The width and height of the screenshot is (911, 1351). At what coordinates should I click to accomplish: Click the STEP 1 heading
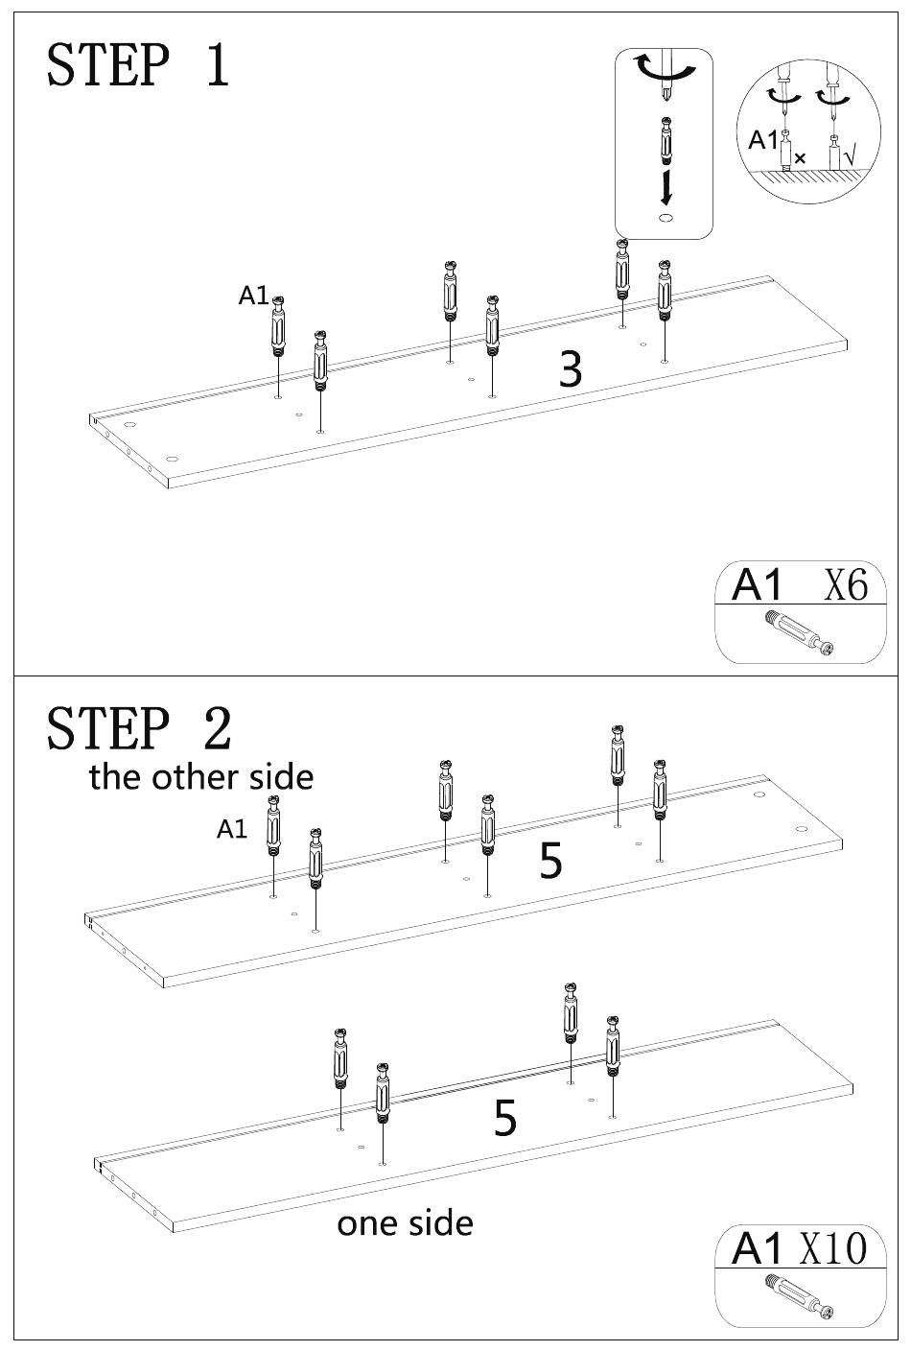(138, 64)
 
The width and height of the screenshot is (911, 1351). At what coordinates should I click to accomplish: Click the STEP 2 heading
(139, 728)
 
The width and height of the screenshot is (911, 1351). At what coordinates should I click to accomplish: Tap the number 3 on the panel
(571, 368)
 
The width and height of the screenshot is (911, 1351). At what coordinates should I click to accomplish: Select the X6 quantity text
(846, 583)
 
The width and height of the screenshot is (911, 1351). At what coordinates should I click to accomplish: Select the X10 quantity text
(833, 1248)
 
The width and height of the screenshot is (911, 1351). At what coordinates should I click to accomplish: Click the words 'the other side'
(201, 777)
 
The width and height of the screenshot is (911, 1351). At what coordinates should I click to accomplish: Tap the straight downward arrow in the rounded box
(666, 187)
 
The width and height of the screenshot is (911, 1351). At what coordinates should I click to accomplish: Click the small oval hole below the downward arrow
(666, 218)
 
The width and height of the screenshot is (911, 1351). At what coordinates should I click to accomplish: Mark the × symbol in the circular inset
(800, 158)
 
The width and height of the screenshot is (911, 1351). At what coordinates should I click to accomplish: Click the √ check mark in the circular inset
(850, 156)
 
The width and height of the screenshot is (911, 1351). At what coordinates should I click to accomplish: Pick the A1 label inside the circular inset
(763, 140)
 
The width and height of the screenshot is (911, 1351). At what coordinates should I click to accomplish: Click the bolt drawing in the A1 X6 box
(799, 632)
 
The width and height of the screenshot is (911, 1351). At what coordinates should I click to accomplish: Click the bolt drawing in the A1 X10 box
(799, 1295)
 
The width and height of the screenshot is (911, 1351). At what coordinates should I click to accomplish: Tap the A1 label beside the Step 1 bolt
(253, 296)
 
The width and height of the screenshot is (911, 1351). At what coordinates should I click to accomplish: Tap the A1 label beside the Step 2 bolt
(232, 829)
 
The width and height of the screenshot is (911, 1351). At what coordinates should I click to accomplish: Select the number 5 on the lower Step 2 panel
(505, 1118)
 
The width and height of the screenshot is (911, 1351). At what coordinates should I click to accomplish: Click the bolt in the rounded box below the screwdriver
(666, 141)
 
